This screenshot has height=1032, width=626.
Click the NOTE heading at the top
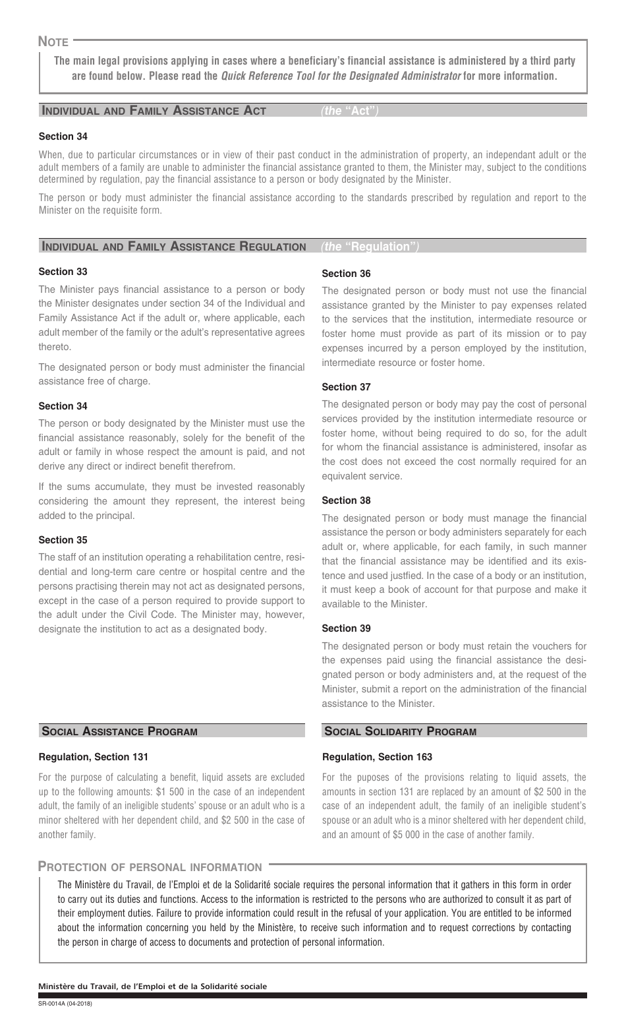click(53, 42)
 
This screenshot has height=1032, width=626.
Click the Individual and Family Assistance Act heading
click(154, 111)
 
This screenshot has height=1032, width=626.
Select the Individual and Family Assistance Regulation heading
click(173, 247)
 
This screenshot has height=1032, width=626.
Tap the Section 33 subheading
click(63, 272)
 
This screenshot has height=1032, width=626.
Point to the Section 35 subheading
click(63, 540)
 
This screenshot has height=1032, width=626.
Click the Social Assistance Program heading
click(119, 731)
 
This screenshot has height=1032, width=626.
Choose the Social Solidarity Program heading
click(400, 731)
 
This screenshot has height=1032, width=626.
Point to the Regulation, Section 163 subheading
click(377, 757)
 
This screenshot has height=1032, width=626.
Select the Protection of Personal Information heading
click(150, 867)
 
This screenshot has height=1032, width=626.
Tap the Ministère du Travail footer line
click(153, 986)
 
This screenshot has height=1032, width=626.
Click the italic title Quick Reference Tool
click(341, 76)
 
